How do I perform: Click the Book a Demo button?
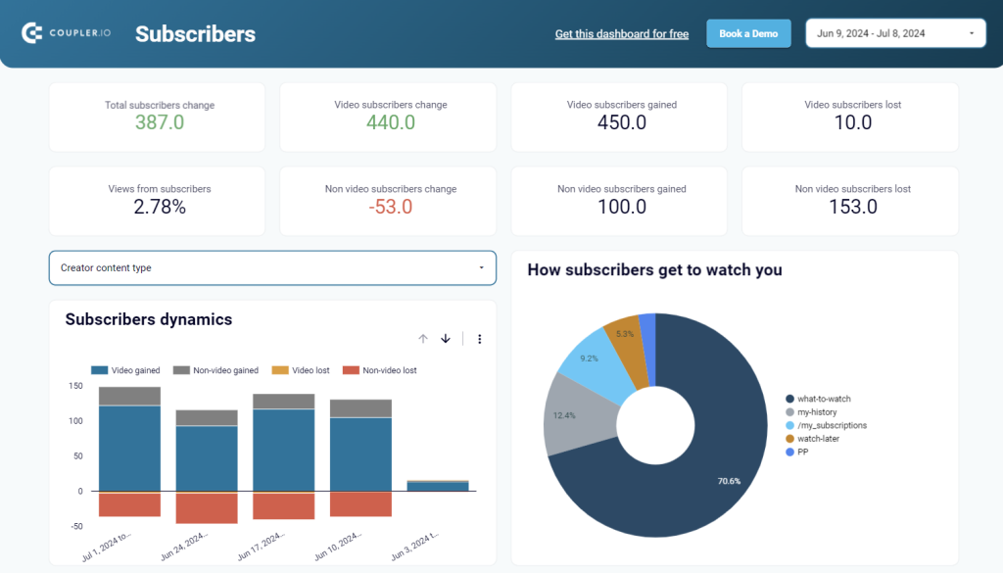click(x=748, y=33)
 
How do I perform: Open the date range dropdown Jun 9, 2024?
click(x=895, y=33)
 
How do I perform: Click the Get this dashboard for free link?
click(x=621, y=34)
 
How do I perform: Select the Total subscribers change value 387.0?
click(x=160, y=122)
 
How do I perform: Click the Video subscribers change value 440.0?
click(x=391, y=122)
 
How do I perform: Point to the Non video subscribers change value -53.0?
click(x=391, y=207)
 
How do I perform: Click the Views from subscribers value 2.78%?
click(x=160, y=207)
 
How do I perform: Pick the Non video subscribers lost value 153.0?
click(x=852, y=207)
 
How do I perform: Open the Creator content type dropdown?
click(x=272, y=267)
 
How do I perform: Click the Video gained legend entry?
click(x=127, y=370)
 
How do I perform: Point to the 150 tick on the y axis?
click(x=75, y=386)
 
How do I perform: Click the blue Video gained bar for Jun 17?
click(x=283, y=450)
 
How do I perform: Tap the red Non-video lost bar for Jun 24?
click(x=207, y=507)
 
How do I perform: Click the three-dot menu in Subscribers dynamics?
click(x=479, y=339)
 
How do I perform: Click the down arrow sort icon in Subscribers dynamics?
click(x=446, y=339)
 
